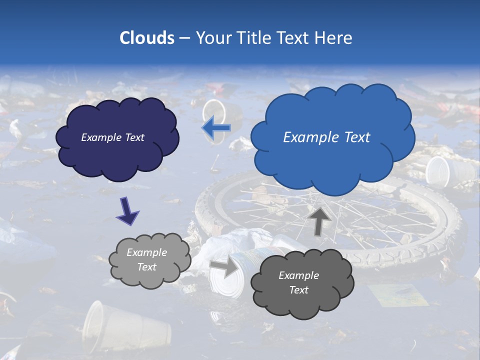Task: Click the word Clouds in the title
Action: point(146,38)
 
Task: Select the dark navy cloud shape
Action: point(117,155)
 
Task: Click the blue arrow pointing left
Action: point(216,128)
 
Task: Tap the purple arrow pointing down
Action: point(127,210)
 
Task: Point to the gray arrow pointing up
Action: point(319,221)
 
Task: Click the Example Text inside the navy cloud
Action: point(112,137)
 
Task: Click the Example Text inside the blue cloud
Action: point(326,137)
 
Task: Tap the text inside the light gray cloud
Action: point(146,260)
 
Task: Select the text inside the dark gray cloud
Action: point(298,282)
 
